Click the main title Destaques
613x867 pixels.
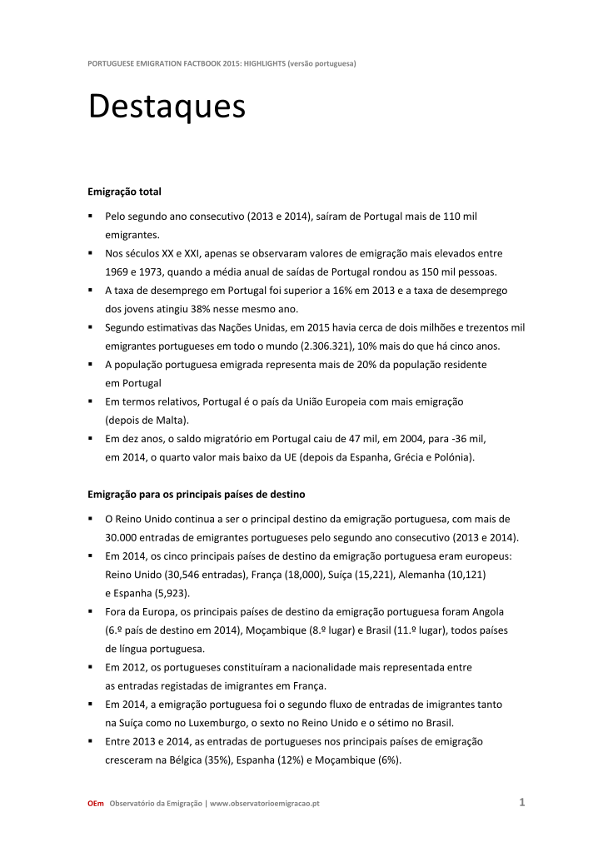pyautogui.click(x=167, y=107)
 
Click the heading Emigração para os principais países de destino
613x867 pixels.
pyautogui.click(x=202, y=494)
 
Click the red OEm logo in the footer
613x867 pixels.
pyautogui.click(x=96, y=804)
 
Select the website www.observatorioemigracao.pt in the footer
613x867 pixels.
pyautogui.click(x=265, y=804)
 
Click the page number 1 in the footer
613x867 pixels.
pyautogui.click(x=521, y=803)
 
